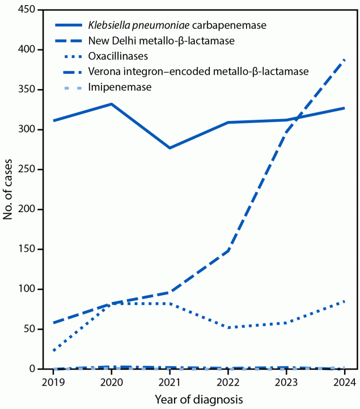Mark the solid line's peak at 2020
[111, 104]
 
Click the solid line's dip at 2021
[170, 148]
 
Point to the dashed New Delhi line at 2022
[228, 251]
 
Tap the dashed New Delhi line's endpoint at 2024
[344, 60]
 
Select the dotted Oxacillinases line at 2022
[228, 327]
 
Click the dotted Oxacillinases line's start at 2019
[53, 351]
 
